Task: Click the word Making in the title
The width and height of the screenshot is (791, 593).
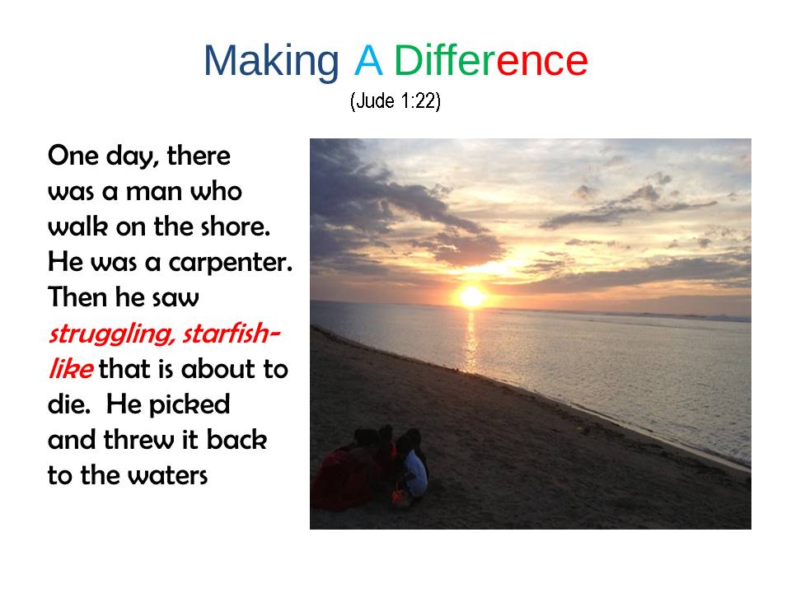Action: [271, 62]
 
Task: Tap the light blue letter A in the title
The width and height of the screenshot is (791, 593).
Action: [368, 60]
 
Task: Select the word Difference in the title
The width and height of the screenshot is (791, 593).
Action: [491, 60]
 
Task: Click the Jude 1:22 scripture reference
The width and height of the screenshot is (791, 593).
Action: [395, 100]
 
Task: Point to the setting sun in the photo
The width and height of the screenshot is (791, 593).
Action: [471, 296]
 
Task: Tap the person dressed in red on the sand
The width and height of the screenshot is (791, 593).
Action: [343, 474]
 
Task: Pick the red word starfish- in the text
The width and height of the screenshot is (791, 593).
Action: [231, 334]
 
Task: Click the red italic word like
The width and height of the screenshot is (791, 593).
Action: [71, 369]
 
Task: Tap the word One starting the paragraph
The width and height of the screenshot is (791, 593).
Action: [73, 156]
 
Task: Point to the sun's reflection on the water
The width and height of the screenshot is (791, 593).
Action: [471, 339]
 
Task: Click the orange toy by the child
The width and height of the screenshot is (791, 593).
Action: [398, 494]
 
